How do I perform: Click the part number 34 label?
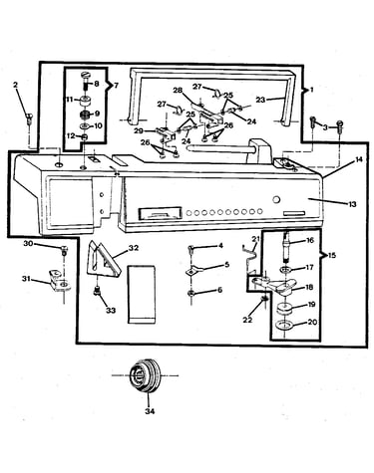[x=150, y=411]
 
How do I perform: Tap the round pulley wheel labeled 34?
[x=145, y=375]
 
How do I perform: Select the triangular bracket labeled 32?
[x=104, y=259]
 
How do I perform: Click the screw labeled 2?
[x=29, y=118]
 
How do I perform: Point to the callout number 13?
[x=352, y=204]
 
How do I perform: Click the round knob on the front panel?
[x=276, y=200]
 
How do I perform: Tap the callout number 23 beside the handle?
[x=260, y=100]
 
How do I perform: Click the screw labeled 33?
[x=98, y=291]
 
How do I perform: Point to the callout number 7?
[x=116, y=86]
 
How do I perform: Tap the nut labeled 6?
[x=191, y=293]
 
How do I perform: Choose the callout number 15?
[x=331, y=255]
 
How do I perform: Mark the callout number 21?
[x=255, y=239]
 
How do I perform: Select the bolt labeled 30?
[x=64, y=250]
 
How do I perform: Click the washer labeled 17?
[x=285, y=269]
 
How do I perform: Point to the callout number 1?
[x=311, y=90]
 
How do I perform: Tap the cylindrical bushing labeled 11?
[x=85, y=101]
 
